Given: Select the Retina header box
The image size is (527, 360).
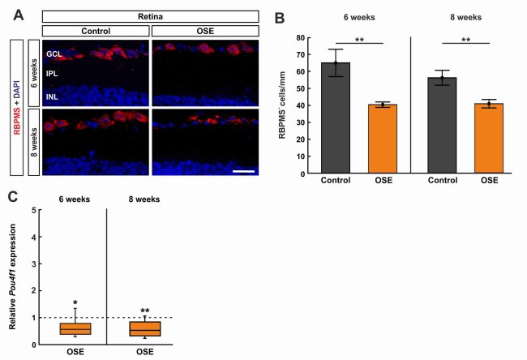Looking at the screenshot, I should (x=150, y=15).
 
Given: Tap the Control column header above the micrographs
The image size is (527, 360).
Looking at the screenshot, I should (x=96, y=32).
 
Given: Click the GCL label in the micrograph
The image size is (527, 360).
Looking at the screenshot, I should (x=55, y=54).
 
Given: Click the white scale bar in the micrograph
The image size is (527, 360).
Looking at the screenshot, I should (x=244, y=172).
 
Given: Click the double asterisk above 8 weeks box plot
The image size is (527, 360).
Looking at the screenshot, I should (x=144, y=310).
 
